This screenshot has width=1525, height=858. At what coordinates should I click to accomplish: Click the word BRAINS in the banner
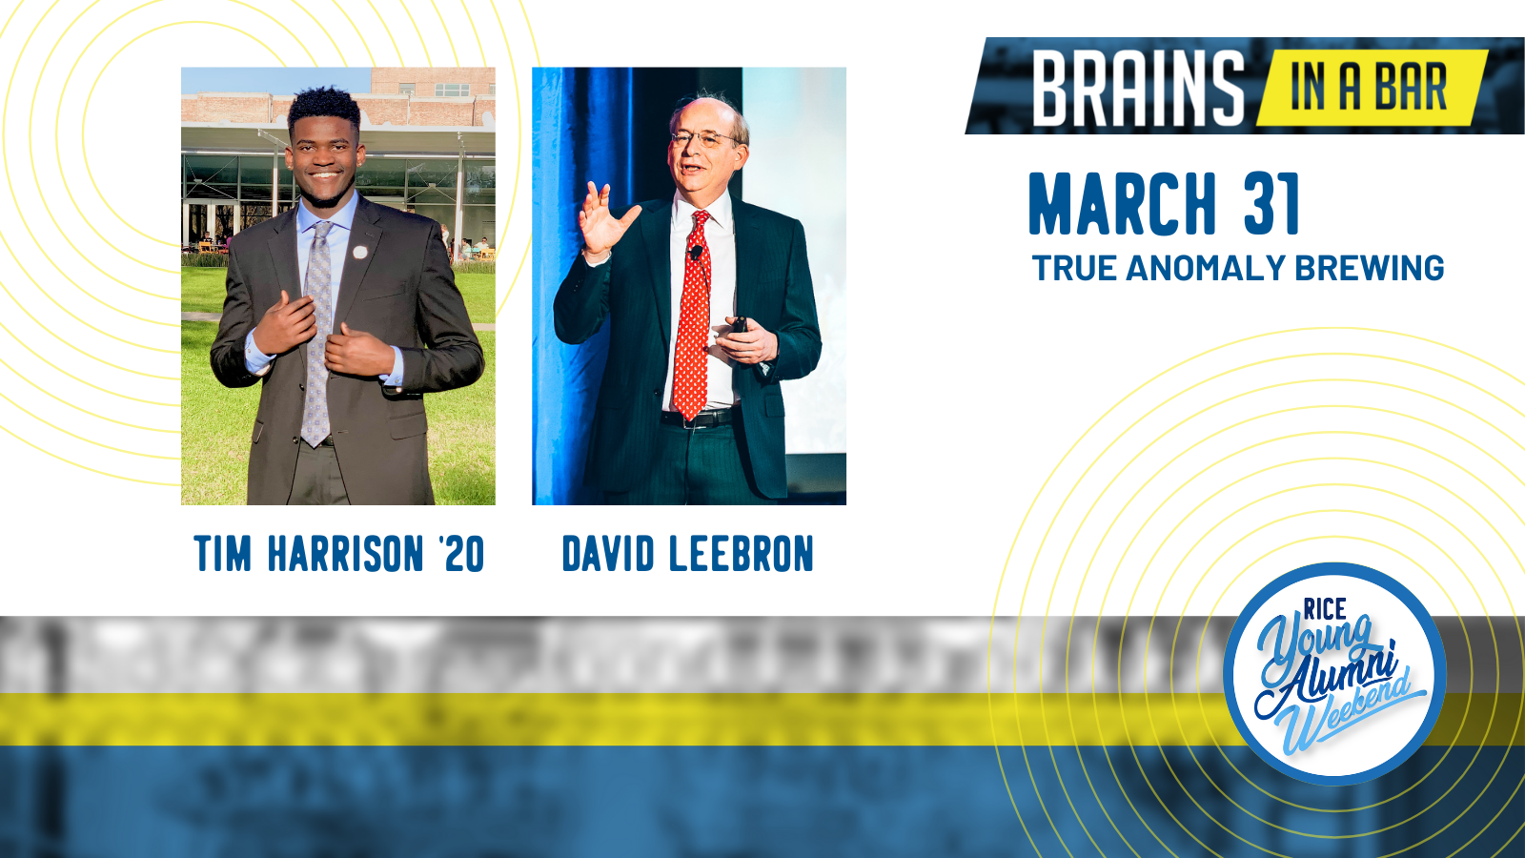[1138, 89]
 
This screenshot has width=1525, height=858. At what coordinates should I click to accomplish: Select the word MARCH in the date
[1123, 204]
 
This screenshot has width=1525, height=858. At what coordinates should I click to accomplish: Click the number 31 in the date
[1271, 204]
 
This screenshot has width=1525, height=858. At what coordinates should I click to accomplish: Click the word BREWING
[1369, 268]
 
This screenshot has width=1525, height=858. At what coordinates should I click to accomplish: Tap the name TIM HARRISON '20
[339, 553]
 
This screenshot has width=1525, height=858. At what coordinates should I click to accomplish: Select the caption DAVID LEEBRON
[687, 553]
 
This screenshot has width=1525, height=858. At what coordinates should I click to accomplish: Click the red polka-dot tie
[692, 315]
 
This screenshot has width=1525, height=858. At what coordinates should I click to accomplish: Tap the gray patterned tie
[317, 334]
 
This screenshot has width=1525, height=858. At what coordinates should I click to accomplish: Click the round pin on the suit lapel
[360, 253]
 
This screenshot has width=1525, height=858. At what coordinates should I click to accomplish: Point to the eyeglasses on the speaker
[703, 139]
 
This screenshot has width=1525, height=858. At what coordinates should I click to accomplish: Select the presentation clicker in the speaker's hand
[740, 325]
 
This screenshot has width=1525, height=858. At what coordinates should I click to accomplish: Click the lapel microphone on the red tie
[696, 253]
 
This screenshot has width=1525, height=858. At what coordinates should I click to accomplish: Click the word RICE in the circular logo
[1325, 608]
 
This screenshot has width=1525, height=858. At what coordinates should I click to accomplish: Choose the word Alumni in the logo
[1328, 681]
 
